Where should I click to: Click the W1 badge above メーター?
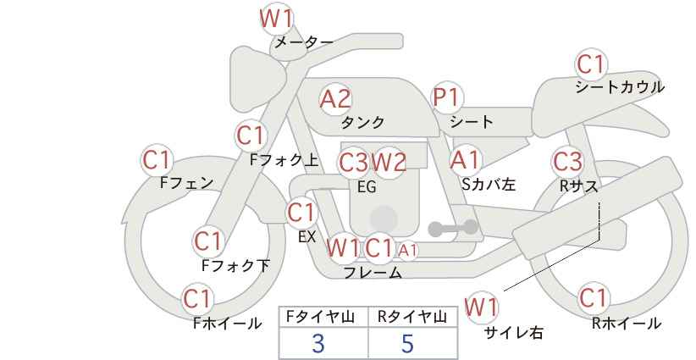tap(275, 16)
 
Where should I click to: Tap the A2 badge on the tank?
tap(335, 98)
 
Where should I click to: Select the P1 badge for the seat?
tap(446, 97)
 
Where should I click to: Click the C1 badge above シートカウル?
tap(591, 64)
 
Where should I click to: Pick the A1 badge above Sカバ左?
tap(465, 159)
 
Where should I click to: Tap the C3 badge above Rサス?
tap(567, 160)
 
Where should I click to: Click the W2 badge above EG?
tap(389, 161)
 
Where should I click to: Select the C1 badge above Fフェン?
tap(157, 159)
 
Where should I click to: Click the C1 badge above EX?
tap(301, 212)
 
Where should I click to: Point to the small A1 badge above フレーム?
tap(407, 250)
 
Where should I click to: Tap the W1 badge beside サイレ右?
tap(482, 307)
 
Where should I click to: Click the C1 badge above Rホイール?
tap(594, 298)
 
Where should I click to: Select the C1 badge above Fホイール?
tap(198, 298)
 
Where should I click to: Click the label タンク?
tap(362, 123)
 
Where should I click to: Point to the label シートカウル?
tap(619, 87)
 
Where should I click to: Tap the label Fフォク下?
tap(235, 266)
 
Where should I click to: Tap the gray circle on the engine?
tap(383, 219)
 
